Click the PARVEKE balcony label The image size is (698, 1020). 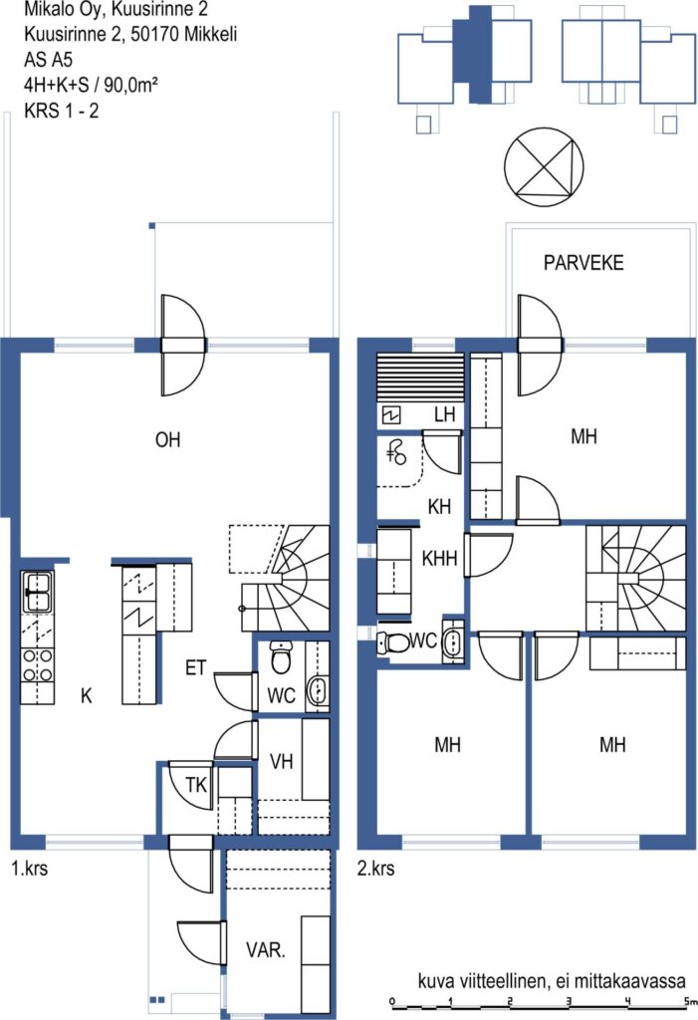pos(583,263)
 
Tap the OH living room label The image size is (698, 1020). pos(168,440)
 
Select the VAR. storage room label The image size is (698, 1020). pos(266,950)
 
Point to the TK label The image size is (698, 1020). pos(196,785)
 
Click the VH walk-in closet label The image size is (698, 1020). pos(281,762)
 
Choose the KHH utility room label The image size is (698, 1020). pos(440,558)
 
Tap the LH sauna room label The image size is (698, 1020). pos(445,414)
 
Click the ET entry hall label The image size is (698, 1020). pos(196,668)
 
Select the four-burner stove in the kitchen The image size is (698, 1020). pos(37,665)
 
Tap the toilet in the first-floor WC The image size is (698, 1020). pos(281,657)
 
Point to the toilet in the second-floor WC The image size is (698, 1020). pos(393,642)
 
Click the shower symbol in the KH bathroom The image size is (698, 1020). pos(396,452)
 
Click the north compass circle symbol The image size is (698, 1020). pos(544,167)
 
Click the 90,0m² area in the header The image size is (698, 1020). pos(131,86)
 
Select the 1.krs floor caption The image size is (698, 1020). pos(29,868)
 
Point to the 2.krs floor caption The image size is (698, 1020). pos(376,868)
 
